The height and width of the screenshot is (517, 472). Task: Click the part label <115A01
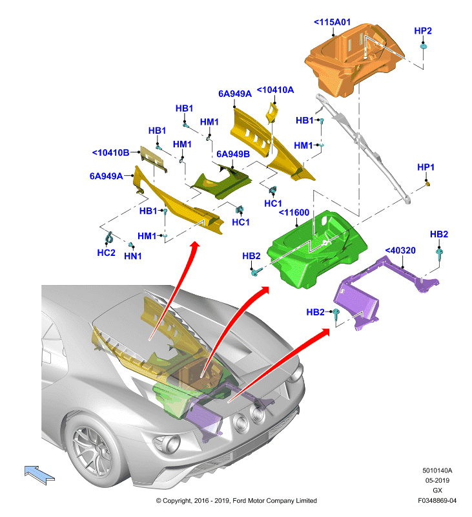click(332, 22)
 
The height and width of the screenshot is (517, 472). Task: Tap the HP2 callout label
click(422, 30)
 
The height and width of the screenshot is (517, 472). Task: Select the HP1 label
click(426, 167)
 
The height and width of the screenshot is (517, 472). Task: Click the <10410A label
click(275, 90)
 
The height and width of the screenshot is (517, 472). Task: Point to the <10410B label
click(110, 153)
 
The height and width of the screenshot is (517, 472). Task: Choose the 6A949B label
click(233, 154)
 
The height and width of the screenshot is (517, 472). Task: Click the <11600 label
click(294, 213)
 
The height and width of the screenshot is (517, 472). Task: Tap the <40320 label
click(400, 251)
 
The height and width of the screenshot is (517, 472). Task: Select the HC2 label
click(106, 253)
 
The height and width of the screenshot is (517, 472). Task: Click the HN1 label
click(133, 256)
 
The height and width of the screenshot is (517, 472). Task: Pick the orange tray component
click(354, 59)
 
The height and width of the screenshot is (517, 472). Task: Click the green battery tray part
click(316, 249)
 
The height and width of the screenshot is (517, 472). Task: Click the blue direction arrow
click(39, 475)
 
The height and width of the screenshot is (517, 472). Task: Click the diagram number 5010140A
click(437, 470)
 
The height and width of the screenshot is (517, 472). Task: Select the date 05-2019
click(437, 480)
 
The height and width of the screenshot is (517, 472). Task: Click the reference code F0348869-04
click(437, 500)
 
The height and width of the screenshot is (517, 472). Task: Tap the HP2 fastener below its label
click(424, 46)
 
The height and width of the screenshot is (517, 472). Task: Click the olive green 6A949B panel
click(222, 182)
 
